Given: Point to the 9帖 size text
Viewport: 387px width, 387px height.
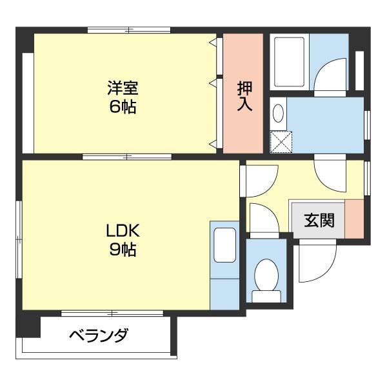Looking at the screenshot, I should coord(122,250).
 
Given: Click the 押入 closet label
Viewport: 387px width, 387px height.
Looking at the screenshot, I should coord(244,95).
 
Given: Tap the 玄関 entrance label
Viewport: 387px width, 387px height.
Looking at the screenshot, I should coord(319,220).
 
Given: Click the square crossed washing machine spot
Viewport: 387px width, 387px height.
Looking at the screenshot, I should coord(281,141).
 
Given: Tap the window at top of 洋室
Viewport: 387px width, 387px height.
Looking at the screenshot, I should coord(129,30).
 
